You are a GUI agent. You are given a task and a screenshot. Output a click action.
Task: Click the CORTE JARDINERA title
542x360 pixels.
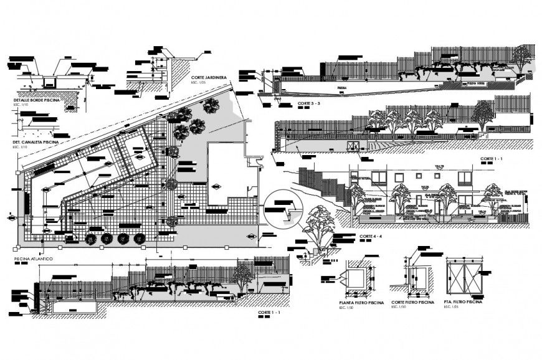coord(209,77)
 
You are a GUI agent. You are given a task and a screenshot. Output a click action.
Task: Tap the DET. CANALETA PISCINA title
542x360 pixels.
coord(36,142)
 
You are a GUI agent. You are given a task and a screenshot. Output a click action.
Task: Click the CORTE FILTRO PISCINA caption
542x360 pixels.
coord(412,301)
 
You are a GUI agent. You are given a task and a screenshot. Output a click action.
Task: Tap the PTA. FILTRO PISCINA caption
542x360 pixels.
coord(464,301)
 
